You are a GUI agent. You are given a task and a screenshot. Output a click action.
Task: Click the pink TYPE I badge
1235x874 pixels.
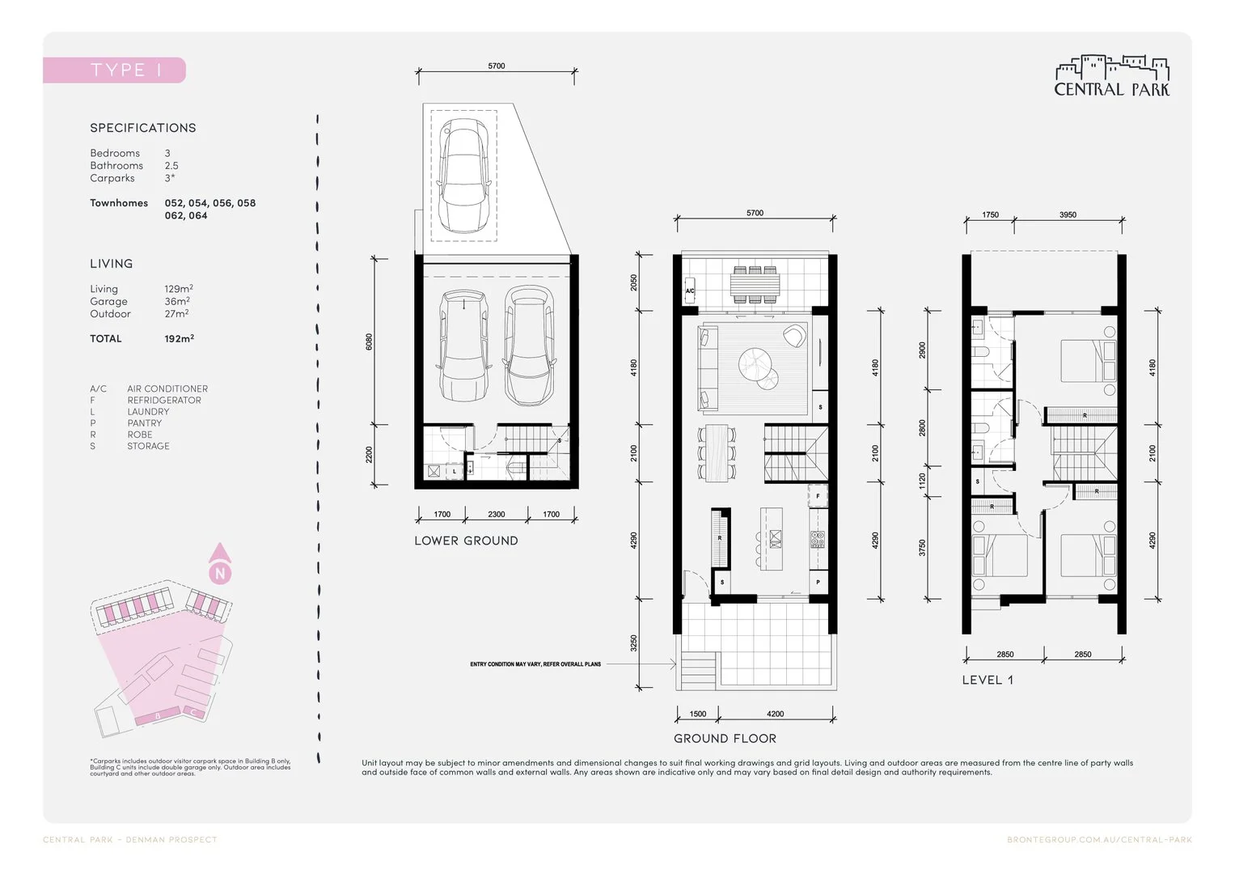coord(114,70)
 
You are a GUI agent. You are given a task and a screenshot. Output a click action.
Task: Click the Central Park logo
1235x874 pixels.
coord(1111,77)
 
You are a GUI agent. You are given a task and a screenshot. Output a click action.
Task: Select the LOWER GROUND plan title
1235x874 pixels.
coord(466,541)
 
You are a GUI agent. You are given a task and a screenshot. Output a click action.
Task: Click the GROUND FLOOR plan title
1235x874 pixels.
coord(725,738)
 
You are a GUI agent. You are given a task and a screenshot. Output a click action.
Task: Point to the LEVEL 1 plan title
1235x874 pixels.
coord(987,680)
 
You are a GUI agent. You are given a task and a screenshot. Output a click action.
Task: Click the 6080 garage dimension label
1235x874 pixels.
coord(370,342)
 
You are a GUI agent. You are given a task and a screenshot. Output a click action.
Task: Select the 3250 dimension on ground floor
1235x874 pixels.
coord(634,643)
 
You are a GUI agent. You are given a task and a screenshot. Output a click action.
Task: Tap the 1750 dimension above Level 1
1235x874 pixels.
coord(990,215)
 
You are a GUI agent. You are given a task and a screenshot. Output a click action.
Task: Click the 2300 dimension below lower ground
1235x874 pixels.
coord(497,515)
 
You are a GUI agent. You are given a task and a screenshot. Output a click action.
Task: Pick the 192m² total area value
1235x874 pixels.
coord(179,338)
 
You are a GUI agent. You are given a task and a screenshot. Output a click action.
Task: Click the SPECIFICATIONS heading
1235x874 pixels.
coord(143,128)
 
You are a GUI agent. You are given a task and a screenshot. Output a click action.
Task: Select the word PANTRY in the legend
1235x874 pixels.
coord(144,423)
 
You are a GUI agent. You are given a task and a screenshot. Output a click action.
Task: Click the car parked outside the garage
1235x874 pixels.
coord(463,176)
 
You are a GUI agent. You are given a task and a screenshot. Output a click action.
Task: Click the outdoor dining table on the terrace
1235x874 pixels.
coord(755,284)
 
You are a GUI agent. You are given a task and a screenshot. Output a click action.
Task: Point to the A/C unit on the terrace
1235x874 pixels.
coord(690,291)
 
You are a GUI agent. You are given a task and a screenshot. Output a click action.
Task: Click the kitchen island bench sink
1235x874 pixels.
coord(776,539)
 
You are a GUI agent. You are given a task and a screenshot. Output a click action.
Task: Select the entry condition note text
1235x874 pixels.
coord(535,664)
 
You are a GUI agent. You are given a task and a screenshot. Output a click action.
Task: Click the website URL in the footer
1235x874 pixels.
coord(1099,840)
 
